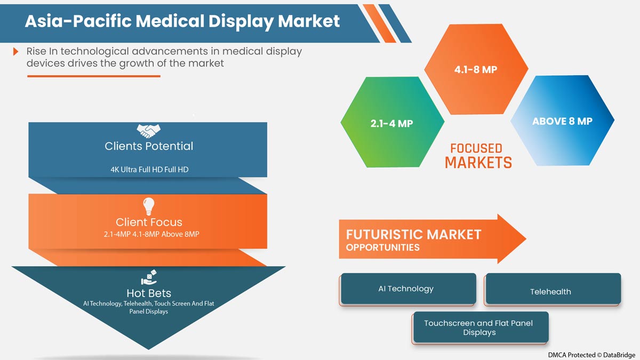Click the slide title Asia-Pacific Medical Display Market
click(x=182, y=21)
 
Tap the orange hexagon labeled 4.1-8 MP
click(x=476, y=69)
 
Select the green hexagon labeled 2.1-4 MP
click(x=392, y=123)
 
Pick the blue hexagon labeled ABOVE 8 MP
click(x=562, y=121)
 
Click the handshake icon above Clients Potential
click(x=149, y=130)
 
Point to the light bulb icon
click(x=149, y=206)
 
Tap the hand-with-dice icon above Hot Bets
click(x=149, y=278)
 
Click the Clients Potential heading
click(x=149, y=146)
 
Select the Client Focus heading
click(x=149, y=222)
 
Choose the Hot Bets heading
click(x=149, y=293)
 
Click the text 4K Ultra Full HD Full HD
click(x=149, y=170)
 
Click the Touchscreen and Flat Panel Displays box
click(x=479, y=327)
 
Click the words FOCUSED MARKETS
click(x=478, y=155)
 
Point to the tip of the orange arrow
click(x=525, y=238)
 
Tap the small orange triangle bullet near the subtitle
click(x=17, y=52)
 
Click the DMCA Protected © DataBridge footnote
click(x=591, y=355)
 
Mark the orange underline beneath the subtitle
click(x=93, y=76)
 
